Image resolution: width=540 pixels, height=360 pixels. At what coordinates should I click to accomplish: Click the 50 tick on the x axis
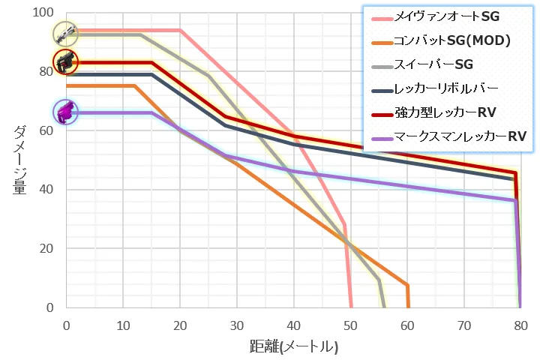(350, 325)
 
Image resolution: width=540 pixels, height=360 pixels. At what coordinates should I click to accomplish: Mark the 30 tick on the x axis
(236, 325)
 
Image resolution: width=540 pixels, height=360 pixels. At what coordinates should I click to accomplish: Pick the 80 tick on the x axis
(520, 325)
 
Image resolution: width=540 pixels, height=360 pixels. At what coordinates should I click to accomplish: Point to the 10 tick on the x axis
(123, 325)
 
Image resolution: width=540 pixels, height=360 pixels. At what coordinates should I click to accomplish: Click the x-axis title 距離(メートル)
(293, 347)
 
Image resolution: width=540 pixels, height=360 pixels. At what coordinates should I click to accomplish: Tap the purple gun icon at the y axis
(66, 112)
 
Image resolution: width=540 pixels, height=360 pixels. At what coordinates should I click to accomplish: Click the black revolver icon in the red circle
(66, 61)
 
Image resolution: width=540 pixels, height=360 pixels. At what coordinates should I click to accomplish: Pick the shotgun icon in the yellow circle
(66, 33)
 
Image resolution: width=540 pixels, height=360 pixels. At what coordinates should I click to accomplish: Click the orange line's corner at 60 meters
(407, 285)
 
